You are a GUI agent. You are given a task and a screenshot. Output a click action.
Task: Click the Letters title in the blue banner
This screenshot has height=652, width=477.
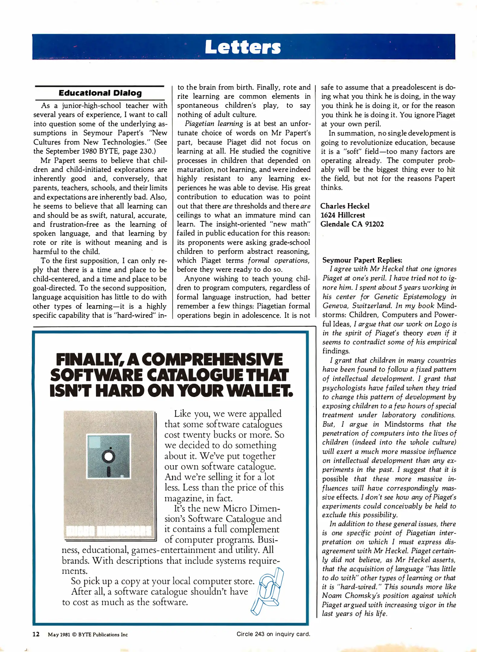click(x=243, y=47)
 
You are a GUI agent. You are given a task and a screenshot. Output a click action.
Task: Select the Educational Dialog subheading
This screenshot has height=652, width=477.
click(x=100, y=93)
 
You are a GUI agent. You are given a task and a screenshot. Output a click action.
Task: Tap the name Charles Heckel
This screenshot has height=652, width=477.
click(x=345, y=206)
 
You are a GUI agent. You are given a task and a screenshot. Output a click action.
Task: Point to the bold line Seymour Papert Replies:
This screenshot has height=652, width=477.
click(x=362, y=260)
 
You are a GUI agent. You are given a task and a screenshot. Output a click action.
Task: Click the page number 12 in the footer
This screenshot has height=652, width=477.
click(x=36, y=634)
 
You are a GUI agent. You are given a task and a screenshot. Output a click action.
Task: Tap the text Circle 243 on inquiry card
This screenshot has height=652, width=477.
click(x=273, y=634)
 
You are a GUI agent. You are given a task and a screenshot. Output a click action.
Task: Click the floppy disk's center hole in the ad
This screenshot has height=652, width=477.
click(x=108, y=456)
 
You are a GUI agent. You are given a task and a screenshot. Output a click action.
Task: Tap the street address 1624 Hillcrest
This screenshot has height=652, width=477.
click(x=343, y=215)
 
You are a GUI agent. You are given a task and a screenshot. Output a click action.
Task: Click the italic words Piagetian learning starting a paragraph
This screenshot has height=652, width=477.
click(x=214, y=123)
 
